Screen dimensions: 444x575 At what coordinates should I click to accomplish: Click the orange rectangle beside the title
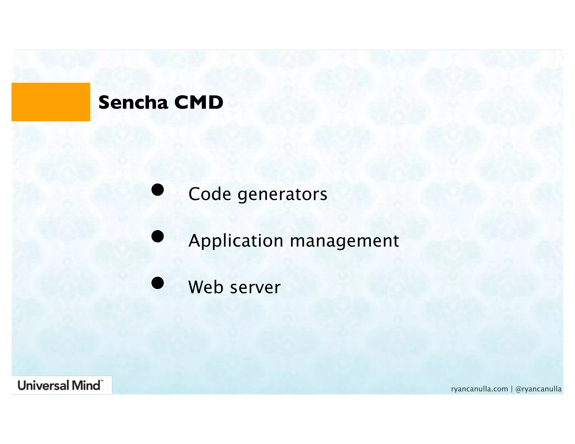51,102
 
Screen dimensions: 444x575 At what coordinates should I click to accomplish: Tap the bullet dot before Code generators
158,190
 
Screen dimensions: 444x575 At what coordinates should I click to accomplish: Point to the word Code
210,194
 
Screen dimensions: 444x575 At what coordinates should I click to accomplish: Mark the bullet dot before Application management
158,236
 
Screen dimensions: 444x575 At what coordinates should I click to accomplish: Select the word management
344,241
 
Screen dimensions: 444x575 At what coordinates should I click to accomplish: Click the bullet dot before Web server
158,283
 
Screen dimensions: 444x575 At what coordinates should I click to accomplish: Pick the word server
255,288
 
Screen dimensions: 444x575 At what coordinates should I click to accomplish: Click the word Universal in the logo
44,385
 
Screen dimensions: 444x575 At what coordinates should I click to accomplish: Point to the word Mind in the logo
86,385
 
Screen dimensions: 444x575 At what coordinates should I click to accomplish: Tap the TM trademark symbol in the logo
102,381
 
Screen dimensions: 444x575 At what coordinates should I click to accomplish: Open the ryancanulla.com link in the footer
480,389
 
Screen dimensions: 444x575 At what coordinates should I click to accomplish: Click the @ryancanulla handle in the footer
538,389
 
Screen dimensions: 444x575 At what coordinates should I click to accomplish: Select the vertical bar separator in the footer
512,389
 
